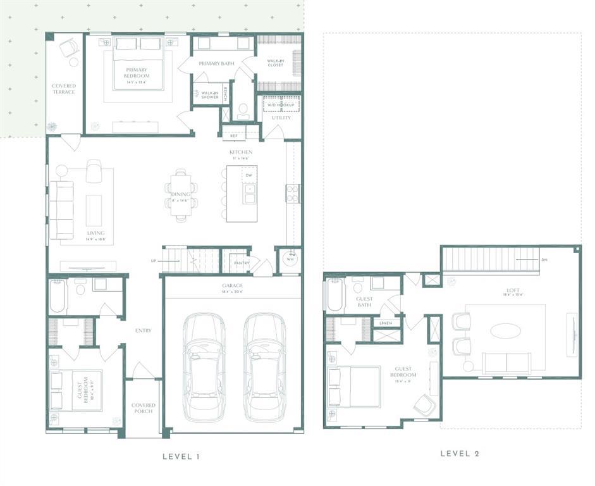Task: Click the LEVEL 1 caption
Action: point(181,456)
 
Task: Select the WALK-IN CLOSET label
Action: point(275,63)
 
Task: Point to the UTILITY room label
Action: point(281,118)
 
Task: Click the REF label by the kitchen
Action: point(233,136)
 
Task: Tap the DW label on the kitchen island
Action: point(248,175)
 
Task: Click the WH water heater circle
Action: point(290,259)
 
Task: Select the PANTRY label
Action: point(242,263)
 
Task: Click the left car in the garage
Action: point(204,367)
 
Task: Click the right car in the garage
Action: point(264,367)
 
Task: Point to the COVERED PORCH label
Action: point(144,408)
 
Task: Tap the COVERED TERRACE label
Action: point(64,89)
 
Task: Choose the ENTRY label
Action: point(144,330)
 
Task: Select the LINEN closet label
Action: point(385,323)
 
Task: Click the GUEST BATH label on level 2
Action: point(364,302)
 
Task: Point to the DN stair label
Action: point(544,260)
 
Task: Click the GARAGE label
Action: point(231,285)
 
